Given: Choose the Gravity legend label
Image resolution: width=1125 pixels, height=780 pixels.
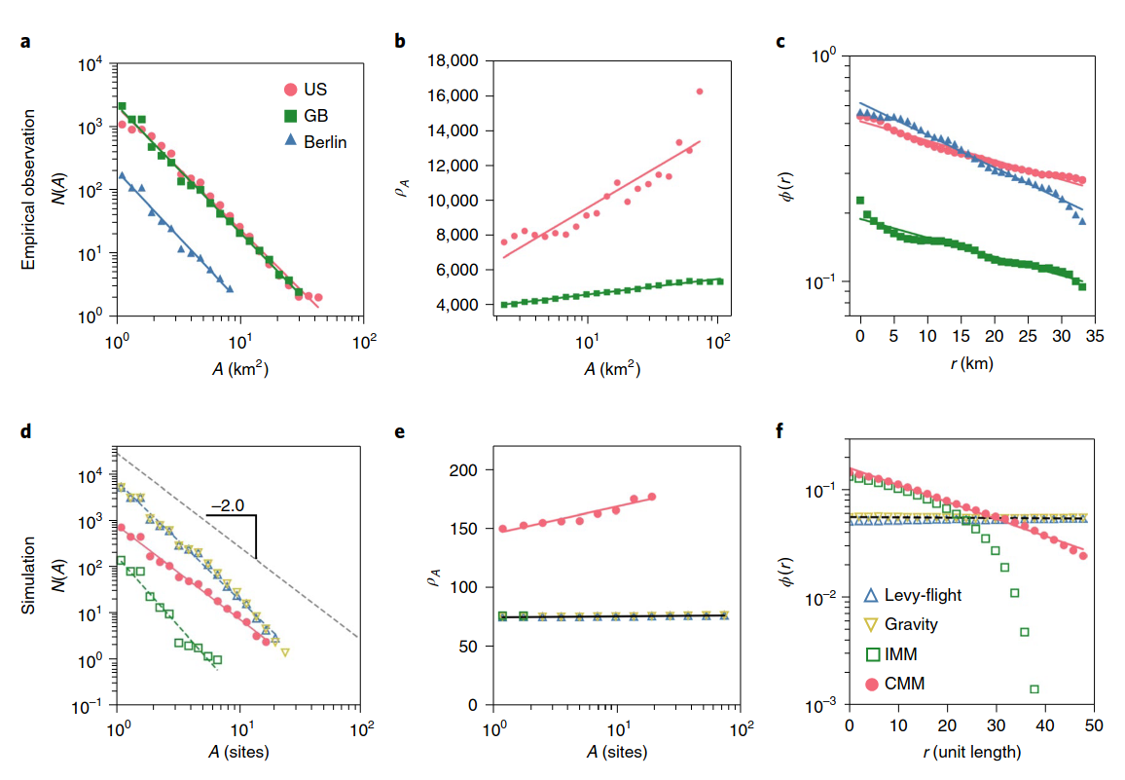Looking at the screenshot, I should (x=910, y=624).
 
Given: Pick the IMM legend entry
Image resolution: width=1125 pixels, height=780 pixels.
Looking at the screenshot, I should (x=901, y=654).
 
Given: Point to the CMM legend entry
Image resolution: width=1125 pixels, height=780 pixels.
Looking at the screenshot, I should (x=904, y=684).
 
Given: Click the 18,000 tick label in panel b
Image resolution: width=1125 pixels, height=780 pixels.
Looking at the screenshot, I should (x=452, y=61).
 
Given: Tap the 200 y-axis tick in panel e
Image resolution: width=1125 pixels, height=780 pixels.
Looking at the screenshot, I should (x=465, y=470).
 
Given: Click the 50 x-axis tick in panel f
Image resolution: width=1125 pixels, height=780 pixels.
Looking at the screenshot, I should (x=1093, y=725).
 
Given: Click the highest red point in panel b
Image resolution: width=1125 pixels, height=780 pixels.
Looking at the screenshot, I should (x=700, y=92).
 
